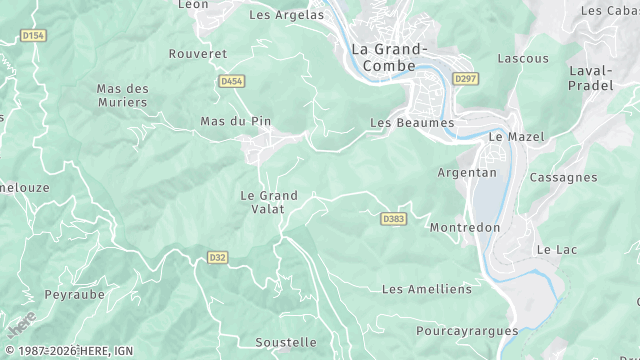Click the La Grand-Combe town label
[389, 57]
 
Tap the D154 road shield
[34, 36]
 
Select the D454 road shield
[231, 81]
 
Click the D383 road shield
[393, 217]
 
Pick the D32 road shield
[218, 257]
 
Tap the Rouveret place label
[197, 53]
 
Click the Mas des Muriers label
[122, 95]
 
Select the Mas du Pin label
[236, 121]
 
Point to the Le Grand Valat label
[264, 201]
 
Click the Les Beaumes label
[412, 123]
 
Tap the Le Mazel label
[509, 135]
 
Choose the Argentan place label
[467, 172]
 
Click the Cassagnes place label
[562, 177]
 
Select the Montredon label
[464, 227]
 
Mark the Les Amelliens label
[426, 289]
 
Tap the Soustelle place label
[285, 342]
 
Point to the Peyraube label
[75, 295]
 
